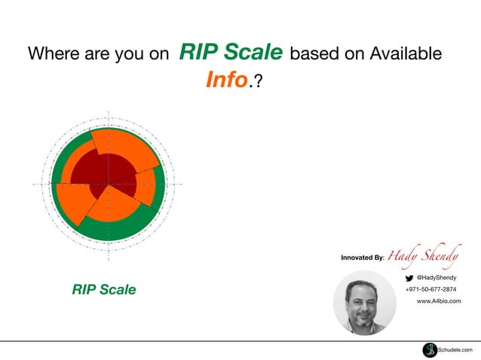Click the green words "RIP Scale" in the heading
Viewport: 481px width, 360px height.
pyautogui.click(x=231, y=53)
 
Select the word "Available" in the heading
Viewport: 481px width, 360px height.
pyautogui.click(x=403, y=54)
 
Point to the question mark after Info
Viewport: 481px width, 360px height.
pyautogui.click(x=259, y=81)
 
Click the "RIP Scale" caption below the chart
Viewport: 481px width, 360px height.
pyautogui.click(x=104, y=289)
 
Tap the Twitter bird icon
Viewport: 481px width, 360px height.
pyautogui.click(x=409, y=278)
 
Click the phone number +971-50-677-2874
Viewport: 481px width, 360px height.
pyautogui.click(x=430, y=289)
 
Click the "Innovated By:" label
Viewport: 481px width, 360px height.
pyautogui.click(x=363, y=258)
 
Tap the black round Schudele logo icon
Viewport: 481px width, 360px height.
pyautogui.click(x=430, y=349)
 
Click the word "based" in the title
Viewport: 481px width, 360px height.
pyautogui.click(x=314, y=54)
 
